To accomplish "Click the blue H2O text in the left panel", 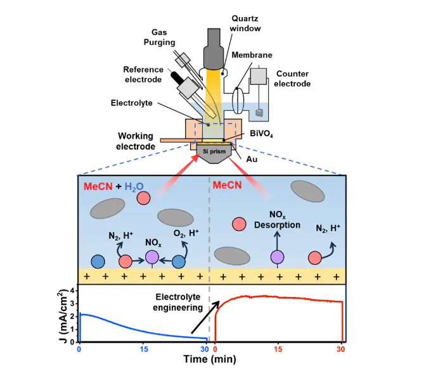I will coord(134,186).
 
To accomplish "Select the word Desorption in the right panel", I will coord(276,225).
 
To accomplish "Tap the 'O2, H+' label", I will coord(186,234).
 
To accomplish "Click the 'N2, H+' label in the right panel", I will coord(328,228).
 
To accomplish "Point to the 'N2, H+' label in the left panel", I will coord(120,236).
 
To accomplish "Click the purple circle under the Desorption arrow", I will coord(277,256).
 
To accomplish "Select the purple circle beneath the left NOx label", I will coord(152,256).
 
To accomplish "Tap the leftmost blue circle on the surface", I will coord(98,261).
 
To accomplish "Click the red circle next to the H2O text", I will coord(144,198).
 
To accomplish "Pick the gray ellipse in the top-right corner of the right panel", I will coord(307,191).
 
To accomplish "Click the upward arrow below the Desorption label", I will coord(277,240).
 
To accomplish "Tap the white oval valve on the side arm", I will coord(239,100).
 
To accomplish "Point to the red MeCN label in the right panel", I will coord(227,186).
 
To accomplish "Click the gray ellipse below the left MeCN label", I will coord(107,208).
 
